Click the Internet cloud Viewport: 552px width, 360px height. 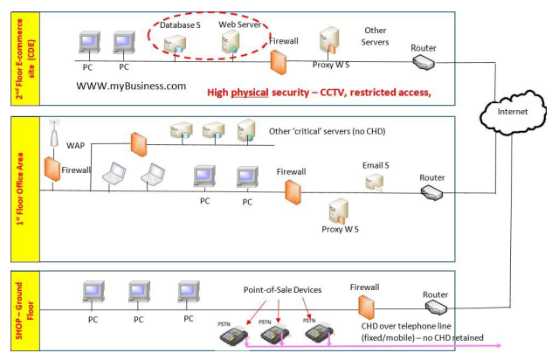pos(511,112)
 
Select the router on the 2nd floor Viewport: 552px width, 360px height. pos(424,62)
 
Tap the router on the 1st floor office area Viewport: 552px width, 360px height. pos(432,193)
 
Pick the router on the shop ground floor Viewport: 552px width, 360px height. pos(436,309)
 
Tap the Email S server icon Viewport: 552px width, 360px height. pos(374,182)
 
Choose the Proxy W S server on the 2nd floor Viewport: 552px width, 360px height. pos(329,40)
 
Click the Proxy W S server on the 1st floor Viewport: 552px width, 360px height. pos(338,211)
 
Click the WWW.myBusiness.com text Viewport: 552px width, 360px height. pos(132,86)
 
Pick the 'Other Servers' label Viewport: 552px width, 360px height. pos(376,36)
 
